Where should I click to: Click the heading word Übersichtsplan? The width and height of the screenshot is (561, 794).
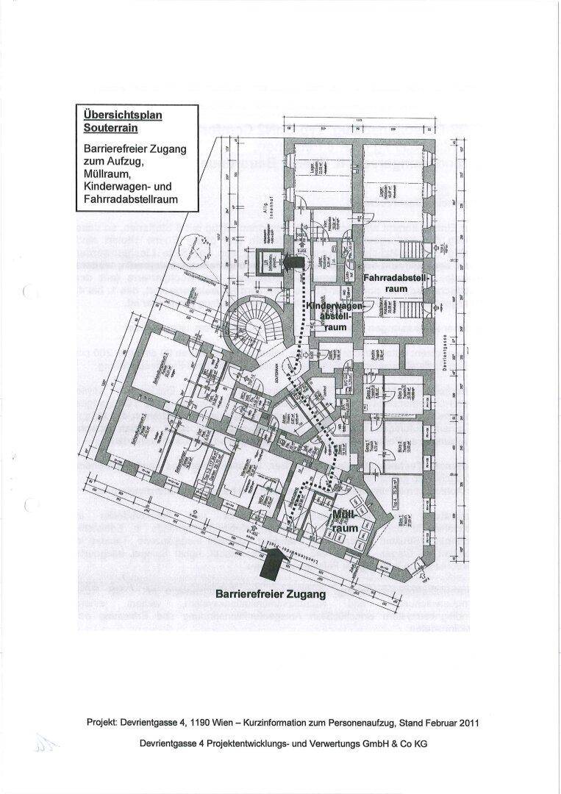tap(122, 115)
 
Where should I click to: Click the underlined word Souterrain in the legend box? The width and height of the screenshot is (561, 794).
tap(109, 128)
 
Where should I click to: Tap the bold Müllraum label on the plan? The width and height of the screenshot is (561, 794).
tap(343, 521)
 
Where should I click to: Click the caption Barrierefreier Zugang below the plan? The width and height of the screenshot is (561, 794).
tap(270, 593)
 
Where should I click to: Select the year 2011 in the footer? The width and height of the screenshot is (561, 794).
tap(468, 723)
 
